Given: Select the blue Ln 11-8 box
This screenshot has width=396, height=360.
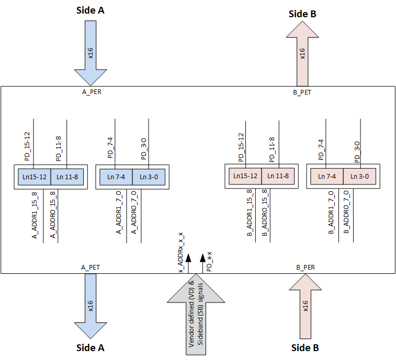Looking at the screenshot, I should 66,177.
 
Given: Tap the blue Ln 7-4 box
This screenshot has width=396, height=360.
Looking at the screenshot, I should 116,177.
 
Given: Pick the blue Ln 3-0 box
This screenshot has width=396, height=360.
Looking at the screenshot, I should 149,177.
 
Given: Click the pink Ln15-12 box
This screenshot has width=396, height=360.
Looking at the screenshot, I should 244,176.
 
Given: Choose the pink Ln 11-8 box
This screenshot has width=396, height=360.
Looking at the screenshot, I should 278,176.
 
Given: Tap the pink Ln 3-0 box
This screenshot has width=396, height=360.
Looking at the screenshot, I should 359,177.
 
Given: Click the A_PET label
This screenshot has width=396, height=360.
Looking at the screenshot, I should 90,267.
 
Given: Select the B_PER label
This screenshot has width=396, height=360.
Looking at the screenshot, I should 306,267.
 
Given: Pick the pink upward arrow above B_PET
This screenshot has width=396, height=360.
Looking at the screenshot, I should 302,55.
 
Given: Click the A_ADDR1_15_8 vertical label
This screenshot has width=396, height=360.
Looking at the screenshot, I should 35,215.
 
